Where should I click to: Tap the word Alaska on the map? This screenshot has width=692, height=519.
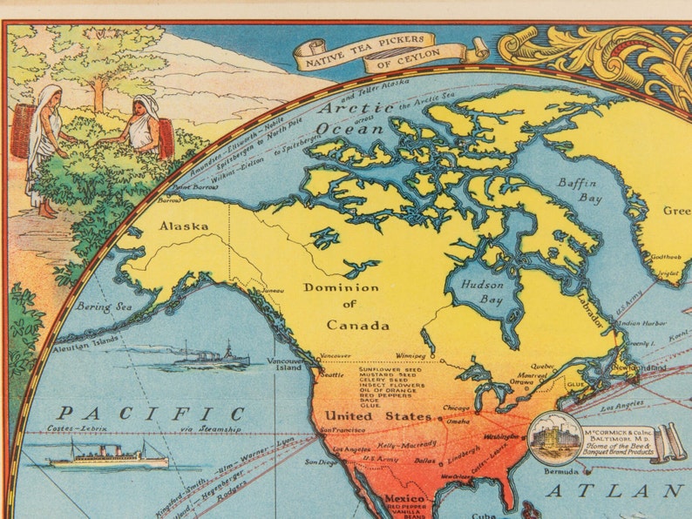(183, 226)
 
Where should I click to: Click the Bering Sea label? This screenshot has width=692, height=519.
(103, 307)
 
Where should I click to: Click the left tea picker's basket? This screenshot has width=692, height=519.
(23, 130)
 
